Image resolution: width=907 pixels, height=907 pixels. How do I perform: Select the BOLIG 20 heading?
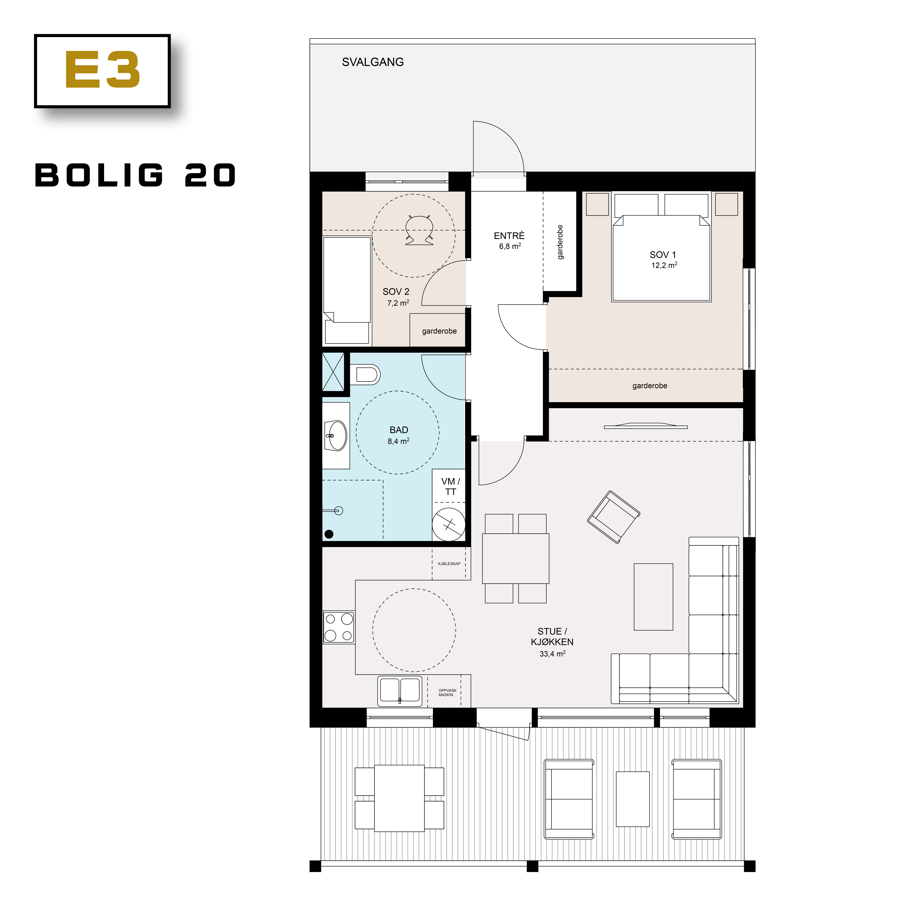coord(135,176)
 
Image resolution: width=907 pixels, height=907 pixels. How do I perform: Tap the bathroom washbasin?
coord(336,435)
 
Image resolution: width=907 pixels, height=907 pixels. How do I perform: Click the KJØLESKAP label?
coord(449,563)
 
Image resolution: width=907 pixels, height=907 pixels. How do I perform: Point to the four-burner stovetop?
coord(339,627)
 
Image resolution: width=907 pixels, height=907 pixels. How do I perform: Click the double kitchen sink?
coord(400,691)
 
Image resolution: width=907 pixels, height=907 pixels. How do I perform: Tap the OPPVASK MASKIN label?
coord(447,692)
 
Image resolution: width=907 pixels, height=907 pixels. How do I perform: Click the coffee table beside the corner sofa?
coord(653,597)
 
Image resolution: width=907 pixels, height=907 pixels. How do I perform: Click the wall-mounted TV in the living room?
coord(646,426)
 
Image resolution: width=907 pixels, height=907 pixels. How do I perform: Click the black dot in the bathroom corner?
coord(329,534)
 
